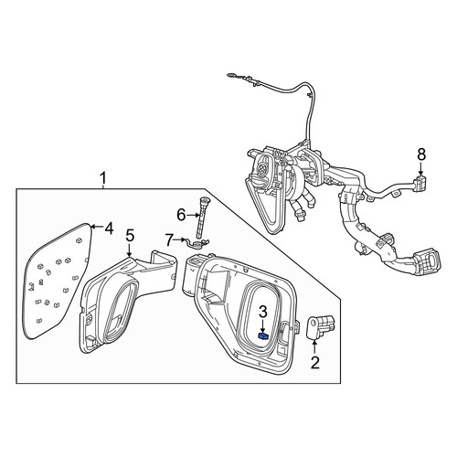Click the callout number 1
(x=103, y=178)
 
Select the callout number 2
(x=315, y=363)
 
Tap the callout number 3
(x=263, y=312)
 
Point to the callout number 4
(x=109, y=228)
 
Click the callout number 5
(x=130, y=236)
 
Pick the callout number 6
(x=181, y=216)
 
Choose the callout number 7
(x=169, y=240)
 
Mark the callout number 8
(x=421, y=154)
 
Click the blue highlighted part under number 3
(x=263, y=335)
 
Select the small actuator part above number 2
(x=319, y=326)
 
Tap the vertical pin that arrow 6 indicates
(x=202, y=218)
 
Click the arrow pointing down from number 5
(x=130, y=250)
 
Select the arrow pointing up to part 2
(x=314, y=347)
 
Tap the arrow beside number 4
(x=97, y=227)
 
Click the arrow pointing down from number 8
(x=421, y=168)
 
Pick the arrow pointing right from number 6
(x=193, y=216)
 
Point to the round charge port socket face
(x=262, y=167)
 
